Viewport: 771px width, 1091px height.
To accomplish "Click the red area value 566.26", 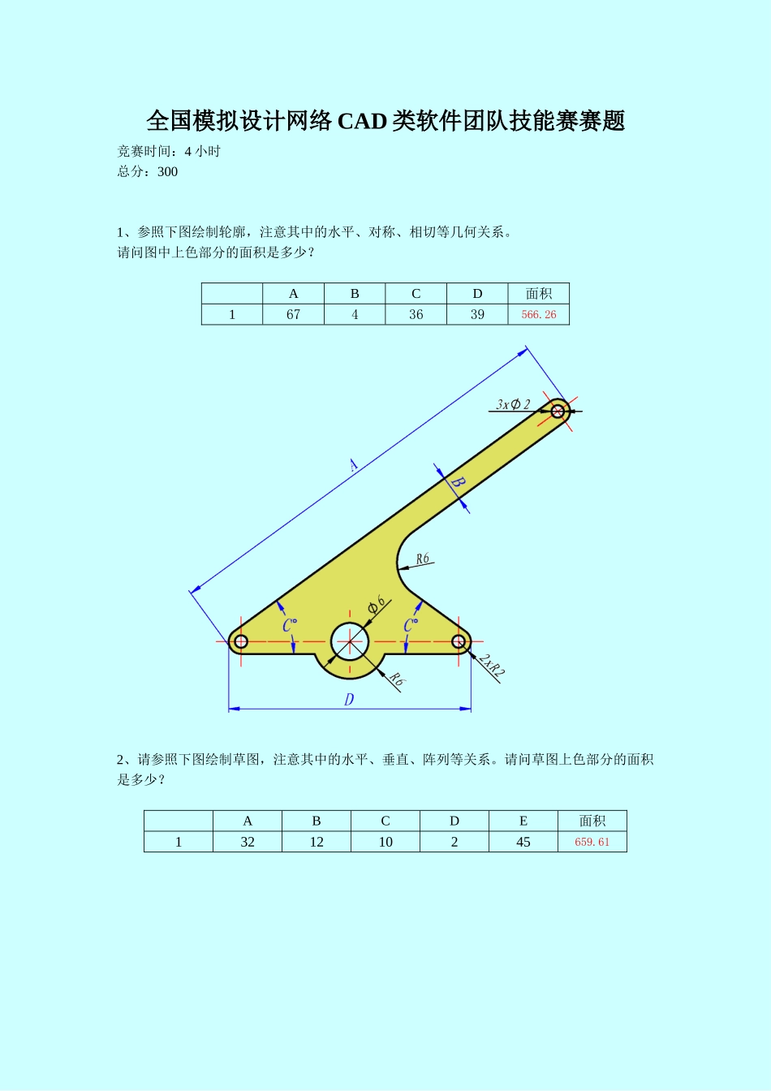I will (x=539, y=315).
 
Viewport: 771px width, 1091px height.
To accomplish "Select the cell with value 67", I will (x=293, y=315).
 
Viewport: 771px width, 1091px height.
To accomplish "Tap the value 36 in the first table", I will (x=416, y=315).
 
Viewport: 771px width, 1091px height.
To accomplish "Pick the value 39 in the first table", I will (x=477, y=315).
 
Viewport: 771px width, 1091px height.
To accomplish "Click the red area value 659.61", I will (x=592, y=843).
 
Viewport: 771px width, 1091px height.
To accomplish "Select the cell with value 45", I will (x=523, y=843).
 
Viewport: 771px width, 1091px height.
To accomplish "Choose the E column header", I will (x=523, y=821).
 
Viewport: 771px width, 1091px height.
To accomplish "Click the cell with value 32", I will (x=248, y=843).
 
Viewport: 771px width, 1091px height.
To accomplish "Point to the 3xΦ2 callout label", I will (x=513, y=404).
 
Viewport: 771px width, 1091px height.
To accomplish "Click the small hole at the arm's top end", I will (x=558, y=411).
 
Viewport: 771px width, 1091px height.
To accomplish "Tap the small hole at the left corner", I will (x=240, y=641).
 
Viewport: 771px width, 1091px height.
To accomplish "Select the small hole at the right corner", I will (x=459, y=641).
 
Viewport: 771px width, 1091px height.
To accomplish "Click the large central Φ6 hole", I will (x=350, y=641).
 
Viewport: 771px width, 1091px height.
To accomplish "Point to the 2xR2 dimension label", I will (x=491, y=666).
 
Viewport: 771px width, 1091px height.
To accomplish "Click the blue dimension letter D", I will (x=349, y=699).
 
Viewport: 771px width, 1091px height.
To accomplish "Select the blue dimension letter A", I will (x=353, y=465).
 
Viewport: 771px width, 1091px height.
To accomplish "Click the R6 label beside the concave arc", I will (x=422, y=559).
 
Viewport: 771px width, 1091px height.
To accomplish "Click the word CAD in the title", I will (x=362, y=121).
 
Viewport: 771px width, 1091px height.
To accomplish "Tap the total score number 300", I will (x=168, y=171).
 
